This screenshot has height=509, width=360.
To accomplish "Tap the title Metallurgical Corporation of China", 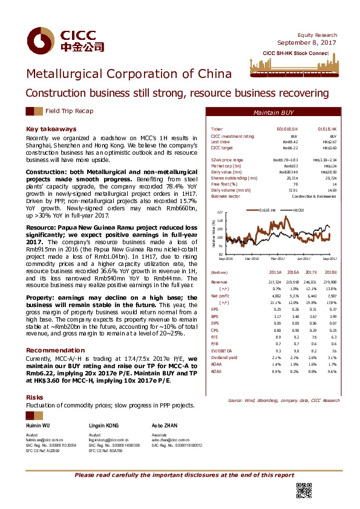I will (128, 74).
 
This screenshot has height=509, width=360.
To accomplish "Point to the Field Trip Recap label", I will (69, 111).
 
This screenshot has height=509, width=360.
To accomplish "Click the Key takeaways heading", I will (51, 129).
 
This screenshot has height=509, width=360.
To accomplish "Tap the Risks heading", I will (34, 397).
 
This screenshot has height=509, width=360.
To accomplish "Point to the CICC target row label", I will (221, 148).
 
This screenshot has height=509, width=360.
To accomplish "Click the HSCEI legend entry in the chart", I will (298, 209).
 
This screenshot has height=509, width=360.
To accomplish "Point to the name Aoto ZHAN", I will (163, 426).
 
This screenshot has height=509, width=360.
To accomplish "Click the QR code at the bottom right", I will (303, 491).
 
